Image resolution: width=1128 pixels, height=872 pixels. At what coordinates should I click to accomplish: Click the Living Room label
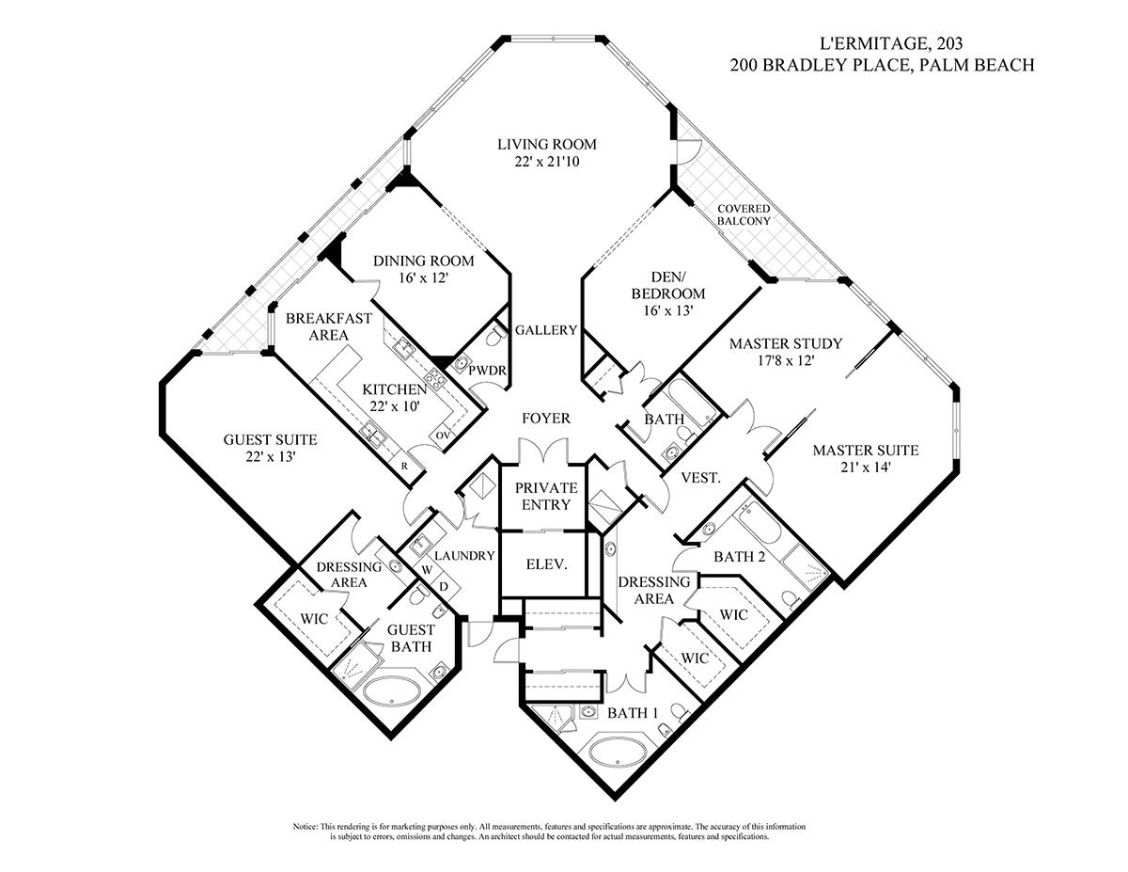coord(547,144)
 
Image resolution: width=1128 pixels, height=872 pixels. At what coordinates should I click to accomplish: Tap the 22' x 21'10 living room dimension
coord(547,162)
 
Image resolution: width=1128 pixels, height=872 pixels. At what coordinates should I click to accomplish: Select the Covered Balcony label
coord(744,214)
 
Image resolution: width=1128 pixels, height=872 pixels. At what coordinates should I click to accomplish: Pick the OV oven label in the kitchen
coord(442,436)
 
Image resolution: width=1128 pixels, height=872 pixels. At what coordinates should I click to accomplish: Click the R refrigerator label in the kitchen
coord(403,466)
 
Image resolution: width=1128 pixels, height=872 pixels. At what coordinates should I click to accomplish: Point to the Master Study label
coord(786,343)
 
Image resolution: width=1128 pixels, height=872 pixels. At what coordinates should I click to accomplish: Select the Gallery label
coord(545,330)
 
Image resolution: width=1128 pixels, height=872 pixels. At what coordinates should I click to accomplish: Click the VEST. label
coord(701,478)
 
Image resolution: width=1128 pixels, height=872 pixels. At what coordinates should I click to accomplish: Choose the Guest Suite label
coord(270,439)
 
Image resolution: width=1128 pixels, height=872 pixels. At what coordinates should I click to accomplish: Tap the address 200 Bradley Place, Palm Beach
coord(884,65)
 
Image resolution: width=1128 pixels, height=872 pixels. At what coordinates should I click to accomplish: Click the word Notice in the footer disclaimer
coord(306,826)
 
